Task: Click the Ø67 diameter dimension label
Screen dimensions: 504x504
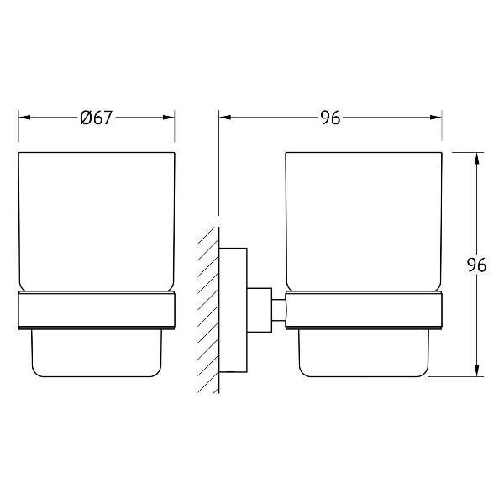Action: click(x=96, y=118)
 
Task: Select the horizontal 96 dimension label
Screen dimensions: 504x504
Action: click(x=330, y=118)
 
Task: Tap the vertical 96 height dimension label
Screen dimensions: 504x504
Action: click(x=476, y=265)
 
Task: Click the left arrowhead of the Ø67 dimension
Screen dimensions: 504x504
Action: click(x=24, y=118)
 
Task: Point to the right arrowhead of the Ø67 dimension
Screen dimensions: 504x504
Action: click(x=169, y=118)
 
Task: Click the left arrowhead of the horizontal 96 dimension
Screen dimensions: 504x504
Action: click(x=225, y=118)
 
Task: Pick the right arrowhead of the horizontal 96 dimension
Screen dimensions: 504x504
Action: click(x=436, y=118)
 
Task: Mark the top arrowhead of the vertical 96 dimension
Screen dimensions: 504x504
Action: click(x=477, y=158)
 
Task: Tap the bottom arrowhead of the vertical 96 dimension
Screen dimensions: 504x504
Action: click(x=477, y=370)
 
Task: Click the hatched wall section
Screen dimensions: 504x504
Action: click(x=208, y=310)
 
